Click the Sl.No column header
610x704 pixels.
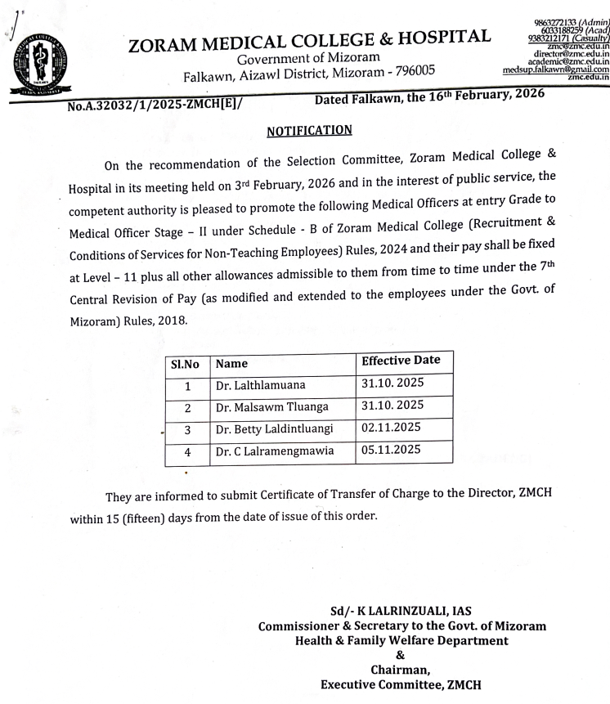coord(186,362)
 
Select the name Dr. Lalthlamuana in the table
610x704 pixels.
coord(260,386)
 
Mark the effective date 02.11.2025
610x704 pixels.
coord(391,427)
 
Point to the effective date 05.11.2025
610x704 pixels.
coord(391,449)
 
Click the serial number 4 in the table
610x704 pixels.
coord(186,452)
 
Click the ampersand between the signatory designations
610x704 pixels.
coord(400,655)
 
